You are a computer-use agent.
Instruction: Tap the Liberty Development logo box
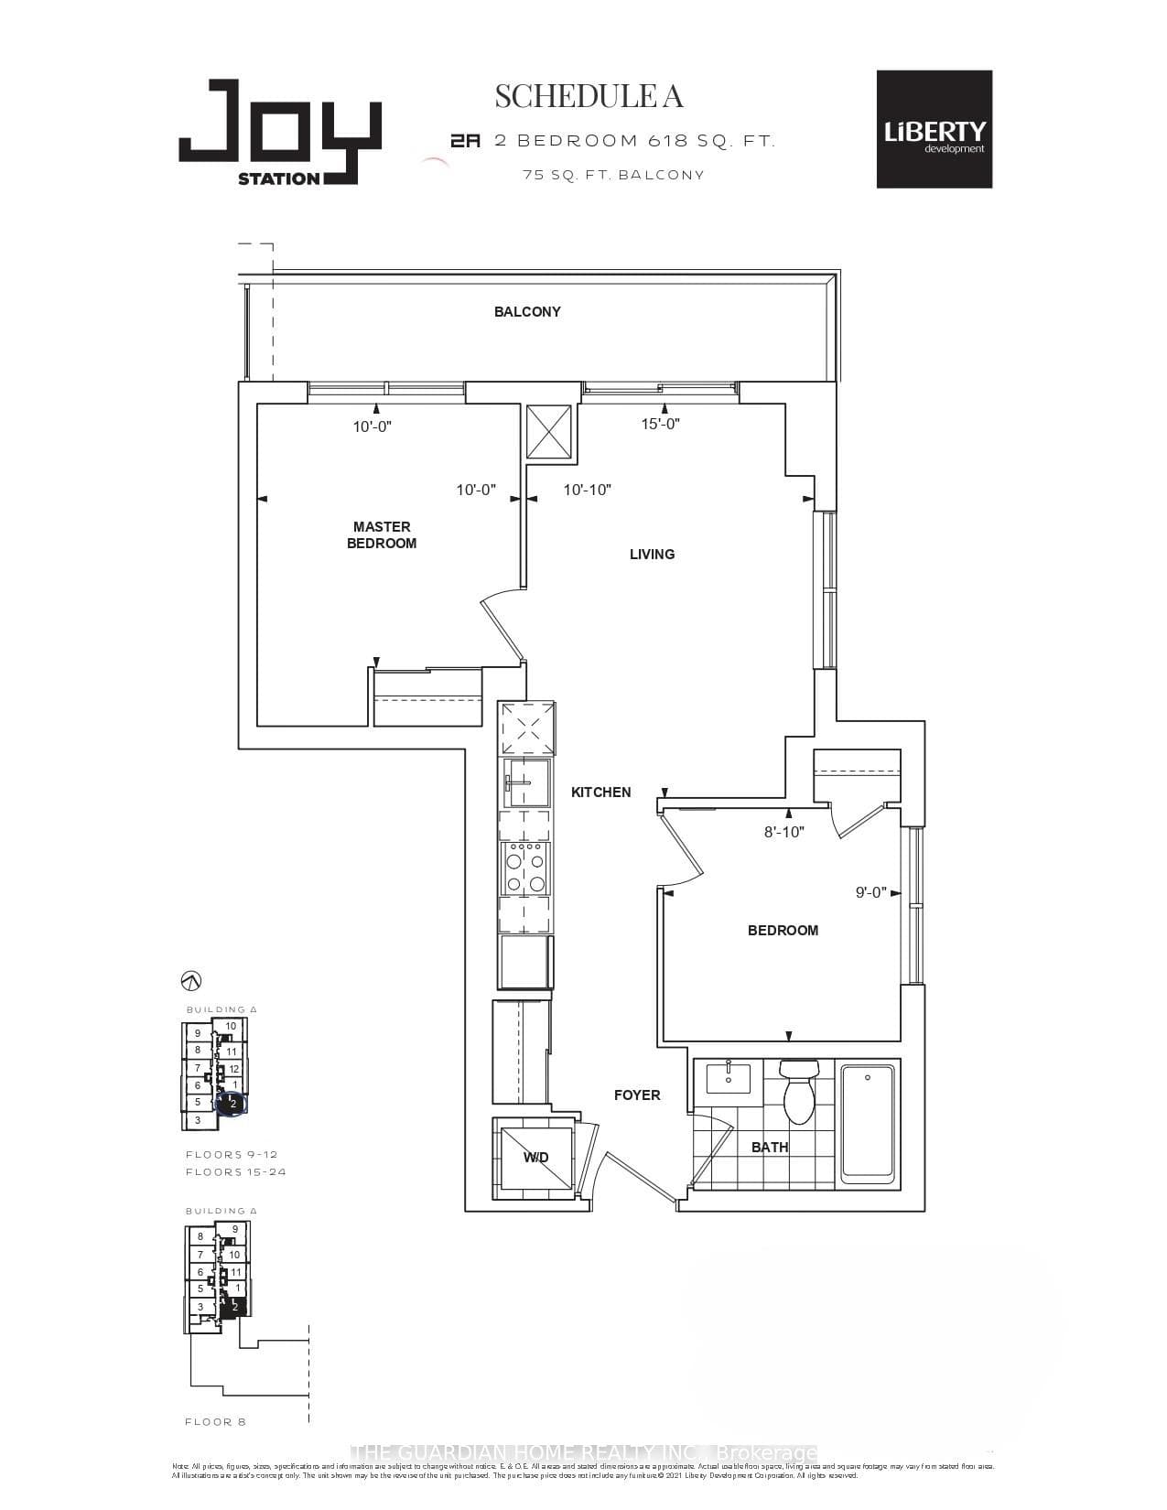pyautogui.click(x=934, y=129)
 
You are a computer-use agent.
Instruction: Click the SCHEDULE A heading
pyautogui.click(x=589, y=96)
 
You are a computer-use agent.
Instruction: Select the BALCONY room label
pyautogui.click(x=527, y=312)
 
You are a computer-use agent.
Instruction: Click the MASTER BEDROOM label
pyautogui.click(x=382, y=534)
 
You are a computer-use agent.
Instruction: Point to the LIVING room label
pyautogui.click(x=652, y=554)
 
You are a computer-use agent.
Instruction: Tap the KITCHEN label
pyautogui.click(x=600, y=793)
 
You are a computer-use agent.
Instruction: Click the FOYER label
pyautogui.click(x=637, y=1095)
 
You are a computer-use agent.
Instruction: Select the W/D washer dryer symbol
pyautogui.click(x=535, y=1158)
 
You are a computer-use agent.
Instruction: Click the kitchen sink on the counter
pyautogui.click(x=525, y=783)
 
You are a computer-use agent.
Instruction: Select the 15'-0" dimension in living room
pyautogui.click(x=660, y=424)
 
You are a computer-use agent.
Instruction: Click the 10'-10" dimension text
pyautogui.click(x=587, y=490)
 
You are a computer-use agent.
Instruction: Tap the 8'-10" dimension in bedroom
pyautogui.click(x=784, y=832)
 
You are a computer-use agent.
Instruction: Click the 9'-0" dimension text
pyautogui.click(x=871, y=892)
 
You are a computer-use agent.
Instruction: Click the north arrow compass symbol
pyautogui.click(x=191, y=981)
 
